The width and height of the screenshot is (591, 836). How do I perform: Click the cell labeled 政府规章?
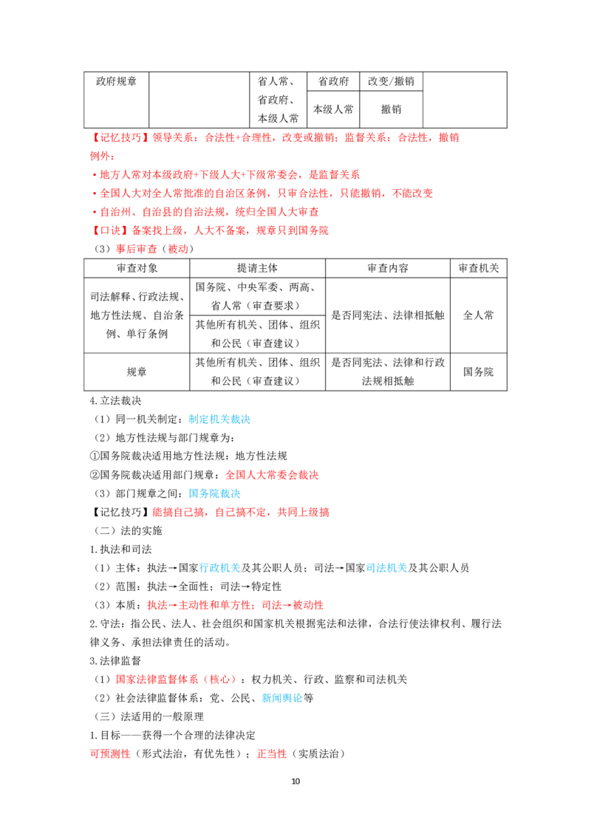[116, 81]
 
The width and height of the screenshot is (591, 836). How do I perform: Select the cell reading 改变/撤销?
[391, 81]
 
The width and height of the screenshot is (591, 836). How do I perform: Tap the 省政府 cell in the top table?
[333, 81]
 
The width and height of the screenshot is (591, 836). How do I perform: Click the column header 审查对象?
[137, 268]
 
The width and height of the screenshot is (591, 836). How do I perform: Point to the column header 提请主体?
[257, 268]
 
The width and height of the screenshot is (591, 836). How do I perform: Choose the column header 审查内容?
[388, 268]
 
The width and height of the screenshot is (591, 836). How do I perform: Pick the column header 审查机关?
[479, 268]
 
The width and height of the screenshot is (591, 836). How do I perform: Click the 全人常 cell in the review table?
[479, 315]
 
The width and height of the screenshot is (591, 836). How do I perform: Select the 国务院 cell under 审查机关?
[479, 371]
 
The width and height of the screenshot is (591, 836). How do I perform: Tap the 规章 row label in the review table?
[137, 371]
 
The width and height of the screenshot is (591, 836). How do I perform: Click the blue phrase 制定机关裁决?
[219, 419]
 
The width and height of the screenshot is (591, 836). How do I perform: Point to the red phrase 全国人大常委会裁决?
[272, 475]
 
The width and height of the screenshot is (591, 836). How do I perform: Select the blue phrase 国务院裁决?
[214, 494]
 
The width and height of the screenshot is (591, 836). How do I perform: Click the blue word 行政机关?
[219, 569]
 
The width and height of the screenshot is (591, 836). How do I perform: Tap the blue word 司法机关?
[386, 569]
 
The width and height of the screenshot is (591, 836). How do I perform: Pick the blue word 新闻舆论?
[281, 699]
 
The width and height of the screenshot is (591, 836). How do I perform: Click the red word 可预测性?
[110, 754]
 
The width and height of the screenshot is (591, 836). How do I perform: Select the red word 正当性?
[272, 754]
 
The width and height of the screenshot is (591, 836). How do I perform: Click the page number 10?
[295, 781]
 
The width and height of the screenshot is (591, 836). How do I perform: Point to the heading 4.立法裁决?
[116, 401]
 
